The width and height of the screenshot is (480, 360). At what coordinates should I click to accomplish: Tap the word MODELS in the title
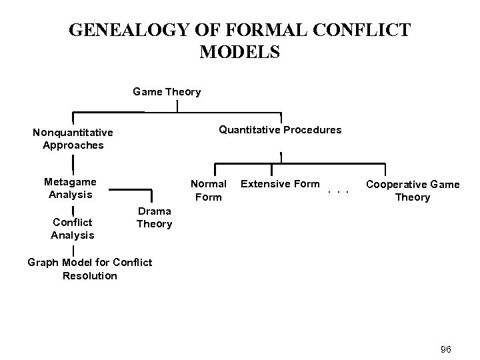coord(239,52)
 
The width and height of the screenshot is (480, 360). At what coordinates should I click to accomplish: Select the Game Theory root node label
coord(167,91)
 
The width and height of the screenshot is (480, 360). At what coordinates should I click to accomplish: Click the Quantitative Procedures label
coord(280,129)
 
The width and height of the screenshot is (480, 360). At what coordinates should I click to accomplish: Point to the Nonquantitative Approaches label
coord(73,139)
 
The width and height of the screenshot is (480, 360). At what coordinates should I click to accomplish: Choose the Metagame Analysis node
coord(70,187)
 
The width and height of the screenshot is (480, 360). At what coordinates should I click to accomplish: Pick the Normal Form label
coord(209,189)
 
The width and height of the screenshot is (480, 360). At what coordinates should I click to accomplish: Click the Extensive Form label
coord(280,183)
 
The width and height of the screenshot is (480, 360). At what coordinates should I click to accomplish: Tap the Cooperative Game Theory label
coord(413,190)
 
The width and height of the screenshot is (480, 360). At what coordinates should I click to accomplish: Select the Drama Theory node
coord(154,217)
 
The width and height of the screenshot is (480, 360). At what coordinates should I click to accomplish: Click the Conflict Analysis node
coord(73,227)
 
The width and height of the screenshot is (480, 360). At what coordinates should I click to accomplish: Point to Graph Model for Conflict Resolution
coord(89,269)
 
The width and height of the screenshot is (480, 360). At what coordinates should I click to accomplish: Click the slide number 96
coord(446,349)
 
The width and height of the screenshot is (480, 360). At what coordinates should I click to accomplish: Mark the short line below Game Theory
coord(176,105)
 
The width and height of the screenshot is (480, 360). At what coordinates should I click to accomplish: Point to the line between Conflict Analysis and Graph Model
coord(73,250)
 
